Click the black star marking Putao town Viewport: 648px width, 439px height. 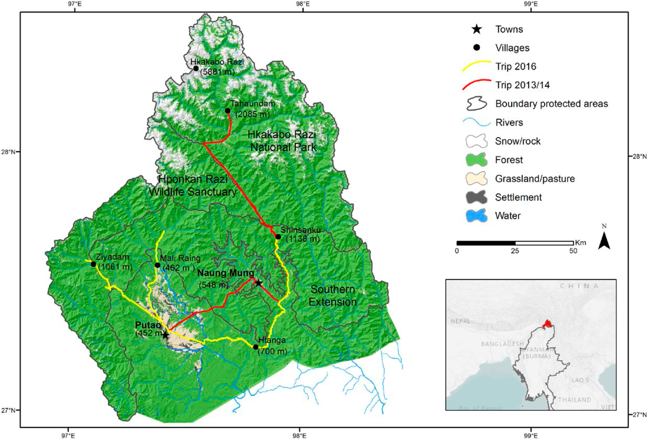pyautogui.click(x=165, y=335)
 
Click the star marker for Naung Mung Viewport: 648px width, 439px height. pyautogui.click(x=258, y=283)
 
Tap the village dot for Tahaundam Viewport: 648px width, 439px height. pyautogui.click(x=228, y=111)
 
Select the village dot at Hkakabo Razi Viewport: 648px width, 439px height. pyautogui.click(x=196, y=68)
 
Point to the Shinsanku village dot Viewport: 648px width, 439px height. pyautogui.click(x=278, y=237)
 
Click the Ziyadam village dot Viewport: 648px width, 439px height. pyautogui.click(x=93, y=264)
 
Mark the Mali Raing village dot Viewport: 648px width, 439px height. pyautogui.click(x=157, y=265)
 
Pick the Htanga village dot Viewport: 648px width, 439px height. pyautogui.click(x=256, y=347)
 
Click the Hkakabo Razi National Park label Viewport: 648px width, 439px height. pyautogui.click(x=282, y=141)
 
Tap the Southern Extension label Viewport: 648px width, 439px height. pyautogui.click(x=333, y=296)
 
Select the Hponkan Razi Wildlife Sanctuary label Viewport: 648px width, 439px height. pyautogui.click(x=193, y=185)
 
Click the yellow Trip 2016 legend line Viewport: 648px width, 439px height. pyautogui.click(x=476, y=67)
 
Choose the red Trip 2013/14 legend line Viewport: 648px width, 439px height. pyautogui.click(x=476, y=85)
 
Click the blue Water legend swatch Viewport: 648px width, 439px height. pyautogui.click(x=476, y=216)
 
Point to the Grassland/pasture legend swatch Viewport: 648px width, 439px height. pyautogui.click(x=476, y=179)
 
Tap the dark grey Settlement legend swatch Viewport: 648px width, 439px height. pyautogui.click(x=476, y=197)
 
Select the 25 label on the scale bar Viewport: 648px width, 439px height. pyautogui.click(x=515, y=251)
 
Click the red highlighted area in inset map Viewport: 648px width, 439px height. pyautogui.click(x=547, y=324)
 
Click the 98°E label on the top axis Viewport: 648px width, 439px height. pyautogui.click(x=303, y=4)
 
